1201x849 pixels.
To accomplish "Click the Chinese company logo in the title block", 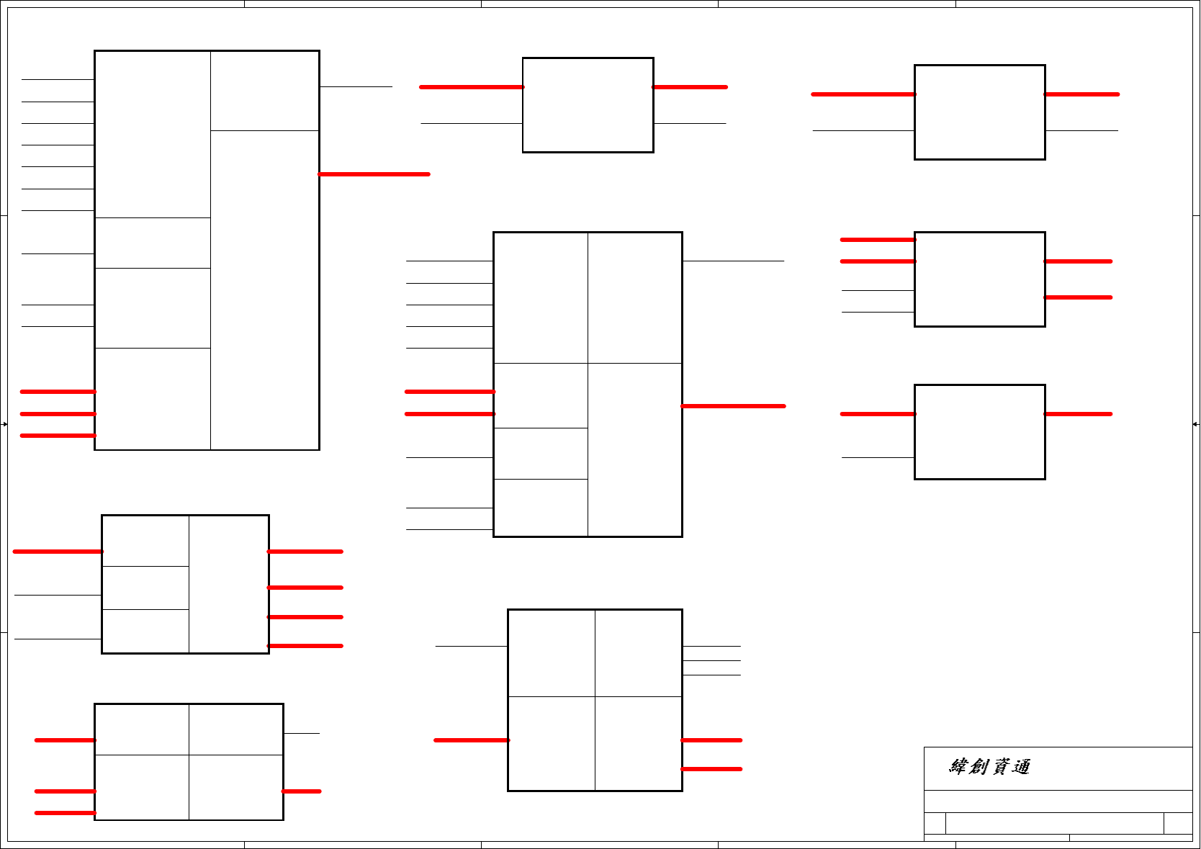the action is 990,767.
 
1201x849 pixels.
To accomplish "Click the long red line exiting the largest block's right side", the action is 374,174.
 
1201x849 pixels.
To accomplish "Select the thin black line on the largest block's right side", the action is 356,87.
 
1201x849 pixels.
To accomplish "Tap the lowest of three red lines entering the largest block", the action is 58,436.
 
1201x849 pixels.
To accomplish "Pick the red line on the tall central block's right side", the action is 733,406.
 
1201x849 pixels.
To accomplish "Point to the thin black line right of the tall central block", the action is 733,261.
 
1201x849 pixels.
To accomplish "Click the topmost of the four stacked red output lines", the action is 305,552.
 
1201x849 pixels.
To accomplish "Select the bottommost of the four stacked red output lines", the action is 305,646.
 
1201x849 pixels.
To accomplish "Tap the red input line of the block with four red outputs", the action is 58,552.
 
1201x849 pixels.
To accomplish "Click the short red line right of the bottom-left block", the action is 302,791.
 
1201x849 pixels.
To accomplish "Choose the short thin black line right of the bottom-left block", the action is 302,733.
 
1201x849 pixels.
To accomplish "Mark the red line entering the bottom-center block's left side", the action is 472,740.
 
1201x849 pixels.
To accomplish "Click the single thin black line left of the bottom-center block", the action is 472,646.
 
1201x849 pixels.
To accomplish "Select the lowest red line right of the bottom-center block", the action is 711,769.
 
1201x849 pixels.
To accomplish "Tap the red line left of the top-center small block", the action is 472,87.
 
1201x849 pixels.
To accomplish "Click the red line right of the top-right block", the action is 1081,94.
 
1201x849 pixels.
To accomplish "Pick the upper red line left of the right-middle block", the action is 878,240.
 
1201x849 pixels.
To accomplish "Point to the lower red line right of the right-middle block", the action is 1079,297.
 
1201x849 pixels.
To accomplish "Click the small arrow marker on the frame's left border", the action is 4,424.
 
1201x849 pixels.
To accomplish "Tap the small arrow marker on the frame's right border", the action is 1196,424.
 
